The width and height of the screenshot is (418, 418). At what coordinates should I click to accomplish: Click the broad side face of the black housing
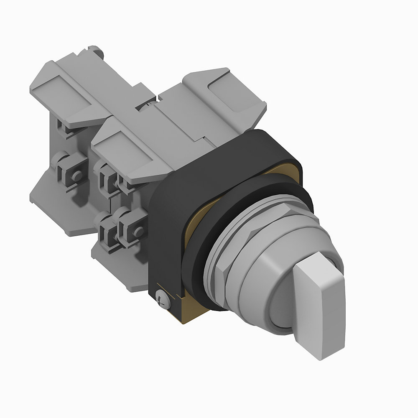(167, 234)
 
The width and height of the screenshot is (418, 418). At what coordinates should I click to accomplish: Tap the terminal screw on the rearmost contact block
(76, 176)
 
